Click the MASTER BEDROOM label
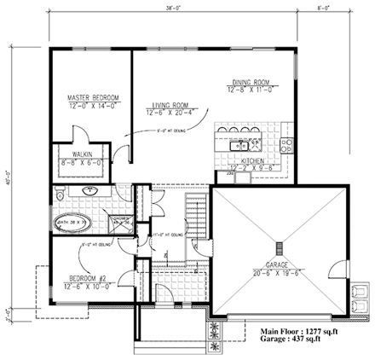(93, 99)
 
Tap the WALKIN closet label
(82, 154)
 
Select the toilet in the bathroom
(58, 195)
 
